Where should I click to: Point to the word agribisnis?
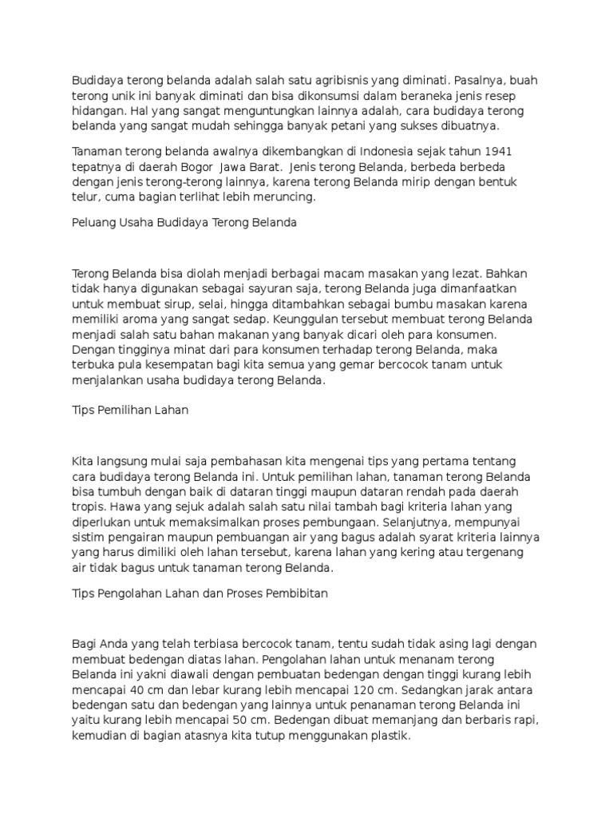pos(345,81)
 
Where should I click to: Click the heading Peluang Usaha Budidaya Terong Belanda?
pos(184,223)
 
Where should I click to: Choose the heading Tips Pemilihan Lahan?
pos(129,410)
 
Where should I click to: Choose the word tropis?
pos(88,506)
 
